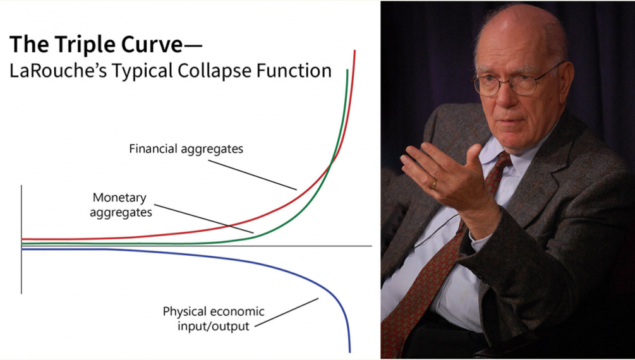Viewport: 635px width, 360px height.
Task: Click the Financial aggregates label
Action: pos(186,149)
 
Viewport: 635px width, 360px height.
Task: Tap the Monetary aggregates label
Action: pos(120,205)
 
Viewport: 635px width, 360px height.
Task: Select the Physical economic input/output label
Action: pos(214,318)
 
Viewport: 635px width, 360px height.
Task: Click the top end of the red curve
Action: pos(354,51)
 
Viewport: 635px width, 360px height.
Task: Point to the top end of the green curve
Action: pos(348,70)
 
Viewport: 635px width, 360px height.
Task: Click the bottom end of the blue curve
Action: pos(349,352)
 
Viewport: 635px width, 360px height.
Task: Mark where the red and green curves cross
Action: pos(331,163)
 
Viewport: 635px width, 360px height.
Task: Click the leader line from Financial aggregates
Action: pos(252,175)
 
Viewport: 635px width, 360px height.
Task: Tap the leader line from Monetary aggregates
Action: pos(204,219)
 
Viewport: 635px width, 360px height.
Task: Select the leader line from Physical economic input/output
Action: pos(287,312)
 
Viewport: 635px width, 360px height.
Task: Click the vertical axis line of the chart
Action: pos(21,239)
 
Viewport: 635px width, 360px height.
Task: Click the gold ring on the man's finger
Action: pos(433,185)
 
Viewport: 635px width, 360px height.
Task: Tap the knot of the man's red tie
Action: pos(499,165)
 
